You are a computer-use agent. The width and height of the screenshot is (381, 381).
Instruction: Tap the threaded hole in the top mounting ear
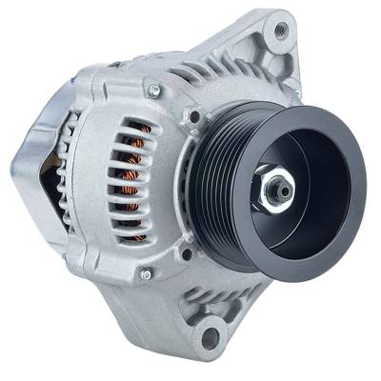(280, 30)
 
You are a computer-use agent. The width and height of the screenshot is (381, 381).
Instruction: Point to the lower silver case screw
(146, 274)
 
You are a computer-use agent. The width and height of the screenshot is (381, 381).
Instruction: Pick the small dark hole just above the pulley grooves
(194, 117)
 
